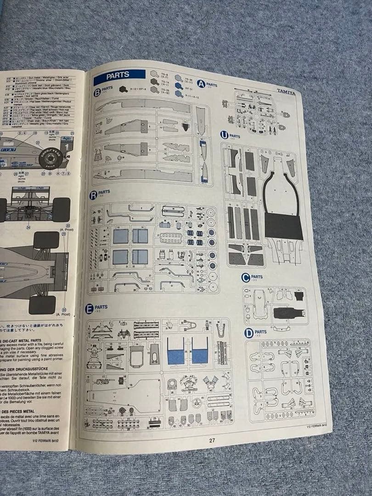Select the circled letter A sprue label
pos(201,84)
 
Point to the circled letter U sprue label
pos(224,135)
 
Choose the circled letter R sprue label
pos(93,195)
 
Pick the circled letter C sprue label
pos(246,277)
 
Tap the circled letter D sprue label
pos(249,332)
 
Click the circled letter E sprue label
pos(89,309)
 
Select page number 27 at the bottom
pos(212,440)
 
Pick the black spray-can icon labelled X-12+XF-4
pos(123,89)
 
